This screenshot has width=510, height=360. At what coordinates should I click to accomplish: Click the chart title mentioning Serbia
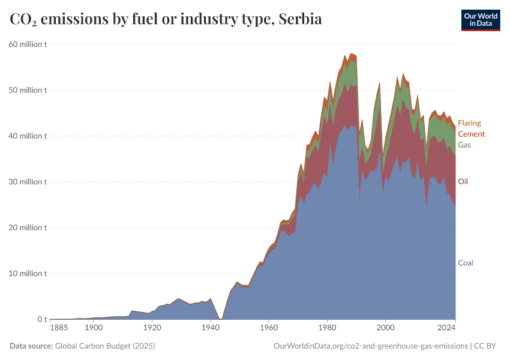166,19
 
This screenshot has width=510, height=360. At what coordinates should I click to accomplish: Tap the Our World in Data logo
480,20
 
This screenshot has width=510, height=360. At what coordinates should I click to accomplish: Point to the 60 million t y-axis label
28,44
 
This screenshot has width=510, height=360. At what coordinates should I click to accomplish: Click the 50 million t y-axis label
28,90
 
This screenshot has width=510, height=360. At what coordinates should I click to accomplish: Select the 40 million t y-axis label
28,136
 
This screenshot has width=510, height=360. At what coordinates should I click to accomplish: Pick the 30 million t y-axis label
28,182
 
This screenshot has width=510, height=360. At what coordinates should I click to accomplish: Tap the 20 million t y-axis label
28,227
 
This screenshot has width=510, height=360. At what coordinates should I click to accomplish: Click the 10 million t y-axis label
28,274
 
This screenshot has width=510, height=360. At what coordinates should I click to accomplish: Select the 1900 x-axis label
93,328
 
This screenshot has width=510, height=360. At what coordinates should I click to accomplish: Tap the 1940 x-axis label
210,328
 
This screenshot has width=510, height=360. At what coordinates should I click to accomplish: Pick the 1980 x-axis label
327,328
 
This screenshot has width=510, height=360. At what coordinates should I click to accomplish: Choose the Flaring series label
469,123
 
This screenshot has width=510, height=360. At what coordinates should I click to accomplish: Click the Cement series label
471,134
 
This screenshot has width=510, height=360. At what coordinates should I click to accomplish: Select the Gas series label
464,145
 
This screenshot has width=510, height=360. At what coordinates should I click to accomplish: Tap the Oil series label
463,181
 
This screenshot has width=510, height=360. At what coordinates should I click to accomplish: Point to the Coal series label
466,263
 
